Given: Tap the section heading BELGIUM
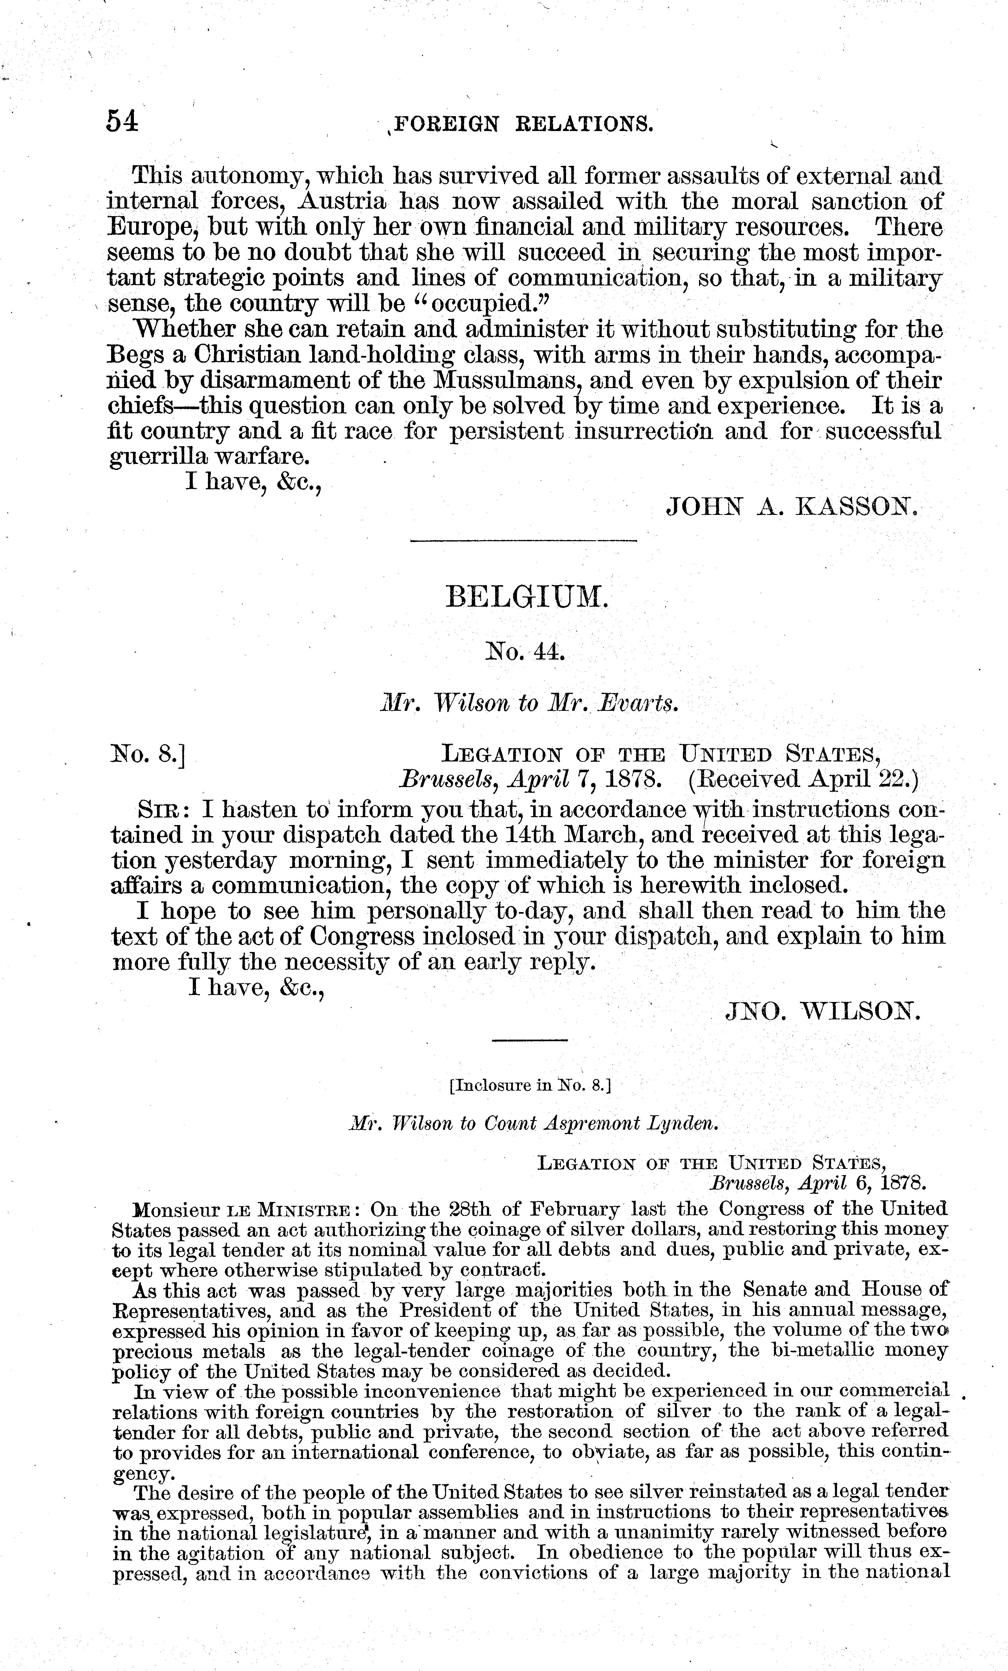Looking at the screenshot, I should tap(528, 598).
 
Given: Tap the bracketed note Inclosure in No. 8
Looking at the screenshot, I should tap(530, 1085).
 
